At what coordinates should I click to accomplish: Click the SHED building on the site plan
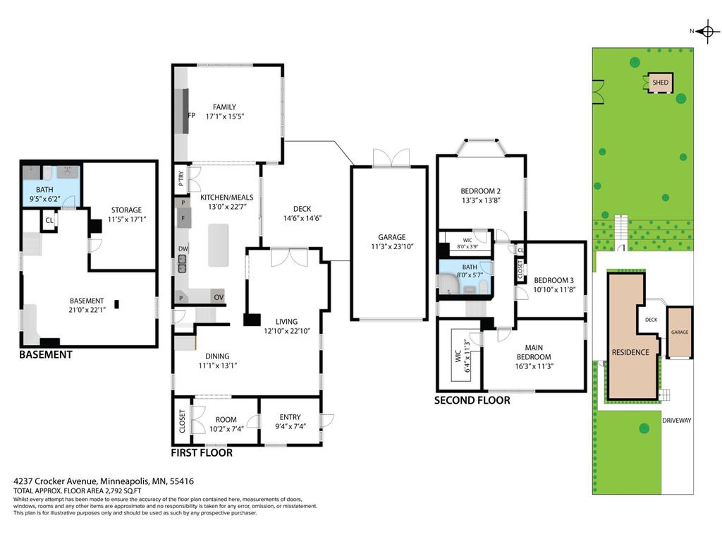pyautogui.click(x=661, y=82)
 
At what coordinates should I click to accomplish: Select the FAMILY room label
pyautogui.click(x=224, y=107)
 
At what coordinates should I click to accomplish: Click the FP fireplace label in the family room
pyautogui.click(x=191, y=116)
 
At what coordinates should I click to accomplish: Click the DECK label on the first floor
pyautogui.click(x=302, y=209)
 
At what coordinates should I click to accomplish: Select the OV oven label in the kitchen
pyautogui.click(x=219, y=297)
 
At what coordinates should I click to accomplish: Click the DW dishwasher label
pyautogui.click(x=183, y=248)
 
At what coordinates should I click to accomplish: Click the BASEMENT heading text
pyautogui.click(x=46, y=355)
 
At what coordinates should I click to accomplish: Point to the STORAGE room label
pyautogui.click(x=126, y=210)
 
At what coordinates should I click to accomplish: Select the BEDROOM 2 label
pyautogui.click(x=480, y=191)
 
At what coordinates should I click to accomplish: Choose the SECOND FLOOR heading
pyautogui.click(x=472, y=400)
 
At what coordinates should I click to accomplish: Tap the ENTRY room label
pyautogui.click(x=290, y=418)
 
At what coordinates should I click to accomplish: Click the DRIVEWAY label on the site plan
pyautogui.click(x=677, y=421)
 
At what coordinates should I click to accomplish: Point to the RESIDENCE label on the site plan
pyautogui.click(x=630, y=352)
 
